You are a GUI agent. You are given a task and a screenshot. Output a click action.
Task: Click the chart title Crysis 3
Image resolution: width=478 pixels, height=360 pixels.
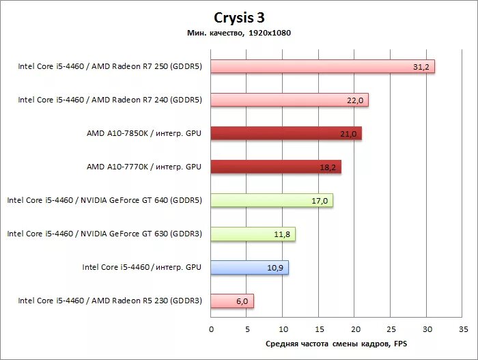pos(238,18)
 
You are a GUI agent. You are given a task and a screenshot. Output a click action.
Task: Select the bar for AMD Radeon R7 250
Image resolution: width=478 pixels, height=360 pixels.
pos(322,66)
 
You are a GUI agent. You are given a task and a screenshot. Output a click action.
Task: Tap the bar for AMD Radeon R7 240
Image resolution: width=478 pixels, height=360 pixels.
pos(290,100)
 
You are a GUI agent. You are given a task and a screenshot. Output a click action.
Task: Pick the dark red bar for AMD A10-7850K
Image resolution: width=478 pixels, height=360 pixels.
pos(286,133)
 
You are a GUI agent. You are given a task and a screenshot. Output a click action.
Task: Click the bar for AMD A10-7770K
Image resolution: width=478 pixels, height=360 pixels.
pos(276,167)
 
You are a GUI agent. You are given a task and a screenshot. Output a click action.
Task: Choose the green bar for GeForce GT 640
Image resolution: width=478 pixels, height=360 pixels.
pos(272,200)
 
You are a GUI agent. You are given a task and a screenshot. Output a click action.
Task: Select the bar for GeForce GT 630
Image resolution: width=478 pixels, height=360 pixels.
pos(253,234)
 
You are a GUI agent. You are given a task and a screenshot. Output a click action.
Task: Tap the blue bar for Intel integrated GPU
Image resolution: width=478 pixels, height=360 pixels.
pos(250,268)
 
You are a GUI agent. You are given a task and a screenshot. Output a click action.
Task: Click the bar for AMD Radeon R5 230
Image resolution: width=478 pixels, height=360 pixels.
pos(232,301)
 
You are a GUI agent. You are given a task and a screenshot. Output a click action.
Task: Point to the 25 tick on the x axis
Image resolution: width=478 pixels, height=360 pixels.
pos(391,329)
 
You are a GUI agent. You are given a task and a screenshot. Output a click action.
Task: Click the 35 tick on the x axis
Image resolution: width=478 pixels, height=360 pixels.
pos(463,329)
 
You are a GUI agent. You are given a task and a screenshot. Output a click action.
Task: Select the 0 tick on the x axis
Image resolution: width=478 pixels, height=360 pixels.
pos(212,329)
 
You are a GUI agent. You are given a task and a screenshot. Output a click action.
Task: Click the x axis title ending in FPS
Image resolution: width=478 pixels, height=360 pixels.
pos(336,344)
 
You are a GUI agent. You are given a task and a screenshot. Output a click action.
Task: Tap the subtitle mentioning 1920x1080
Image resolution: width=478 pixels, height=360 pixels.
pos(238,32)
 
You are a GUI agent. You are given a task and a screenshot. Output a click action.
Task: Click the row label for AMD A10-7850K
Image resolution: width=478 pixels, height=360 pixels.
pos(144,133)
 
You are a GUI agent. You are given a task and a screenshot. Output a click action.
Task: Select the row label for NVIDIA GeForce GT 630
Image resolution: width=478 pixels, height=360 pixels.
pos(104,234)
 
